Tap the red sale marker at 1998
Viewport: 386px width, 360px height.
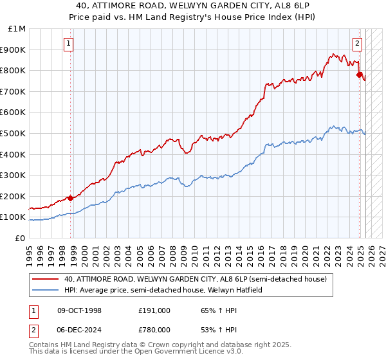[70, 198]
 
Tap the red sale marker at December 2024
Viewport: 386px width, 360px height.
[359, 75]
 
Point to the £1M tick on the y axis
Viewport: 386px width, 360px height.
[18, 29]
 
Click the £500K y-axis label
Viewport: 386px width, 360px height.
[14, 134]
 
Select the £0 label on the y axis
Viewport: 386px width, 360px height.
[21, 238]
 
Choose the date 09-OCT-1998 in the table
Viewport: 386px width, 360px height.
[80, 310]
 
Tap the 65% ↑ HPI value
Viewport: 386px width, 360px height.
[210, 310]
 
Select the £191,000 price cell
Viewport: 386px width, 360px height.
[154, 310]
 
